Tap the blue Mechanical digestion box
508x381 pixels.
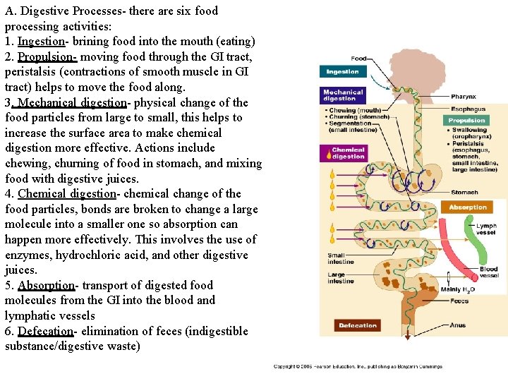coord(344,95)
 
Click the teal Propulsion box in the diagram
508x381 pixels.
coord(467,121)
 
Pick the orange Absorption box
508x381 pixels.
coord(468,207)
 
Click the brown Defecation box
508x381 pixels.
coord(358,325)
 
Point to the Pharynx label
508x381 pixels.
coord(464,97)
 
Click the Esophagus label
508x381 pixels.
coord(468,109)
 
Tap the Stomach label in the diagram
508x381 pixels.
coord(464,193)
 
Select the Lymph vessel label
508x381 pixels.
coord(485,229)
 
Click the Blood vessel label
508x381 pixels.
coord(488,272)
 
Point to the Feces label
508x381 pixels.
coord(459,301)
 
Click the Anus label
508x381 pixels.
coord(458,325)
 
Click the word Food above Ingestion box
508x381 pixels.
coord(358,59)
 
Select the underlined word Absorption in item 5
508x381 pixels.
coord(47,286)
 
